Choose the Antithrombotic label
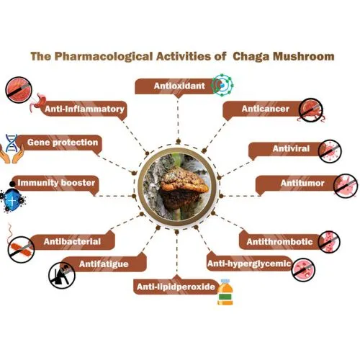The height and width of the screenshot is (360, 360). [280, 241]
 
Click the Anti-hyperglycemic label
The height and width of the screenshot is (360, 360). [248, 264]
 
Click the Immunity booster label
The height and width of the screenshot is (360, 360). [58, 184]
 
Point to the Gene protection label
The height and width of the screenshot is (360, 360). [63, 143]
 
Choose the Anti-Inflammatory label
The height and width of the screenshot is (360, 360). [85, 109]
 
